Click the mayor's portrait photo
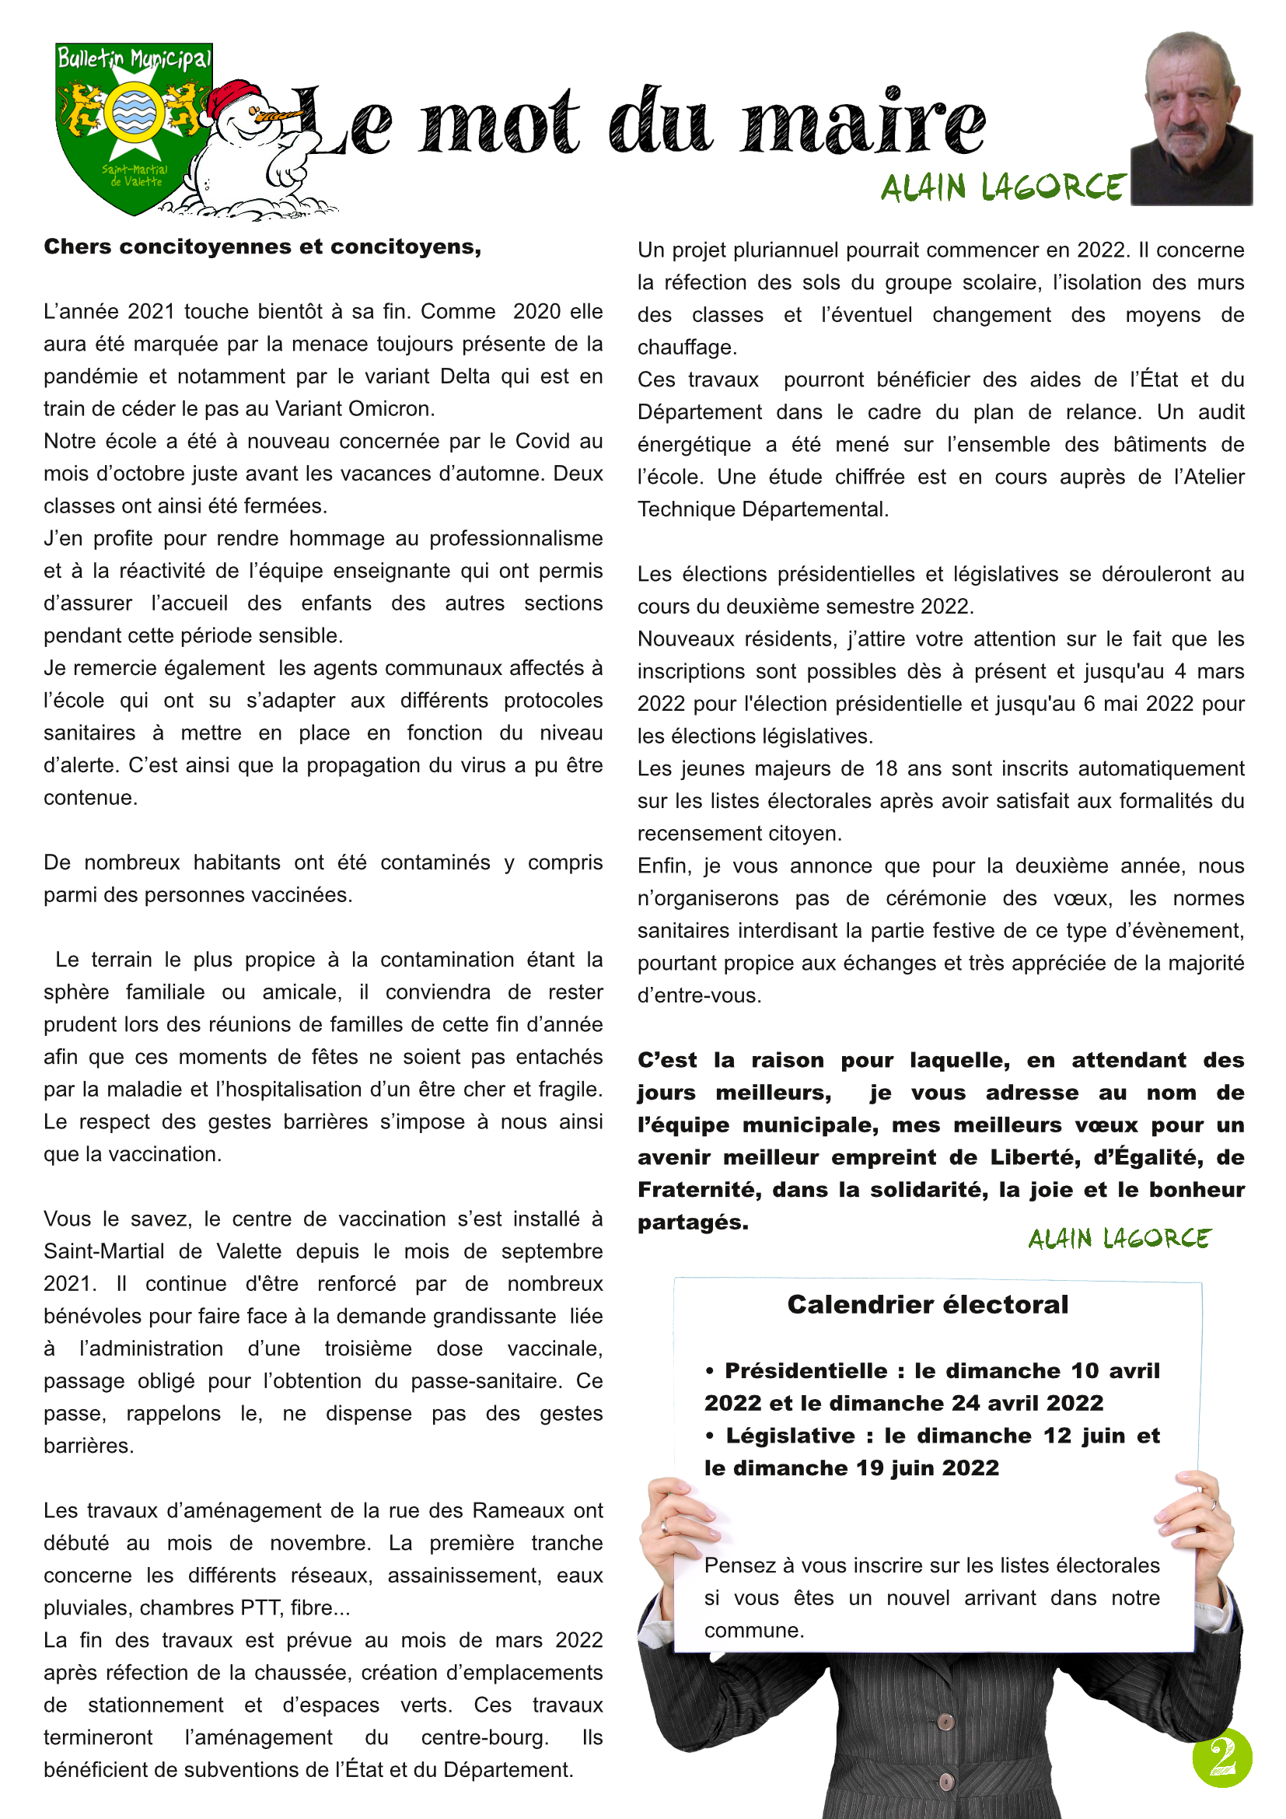[x=1191, y=119]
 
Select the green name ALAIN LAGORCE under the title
[x=1002, y=187]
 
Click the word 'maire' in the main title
[x=862, y=123]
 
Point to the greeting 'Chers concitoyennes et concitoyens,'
[x=262, y=247]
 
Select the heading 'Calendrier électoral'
[x=928, y=1305]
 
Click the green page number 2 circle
[x=1222, y=1758]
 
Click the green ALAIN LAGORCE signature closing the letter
[x=1119, y=1239]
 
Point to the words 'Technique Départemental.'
[x=763, y=509]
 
